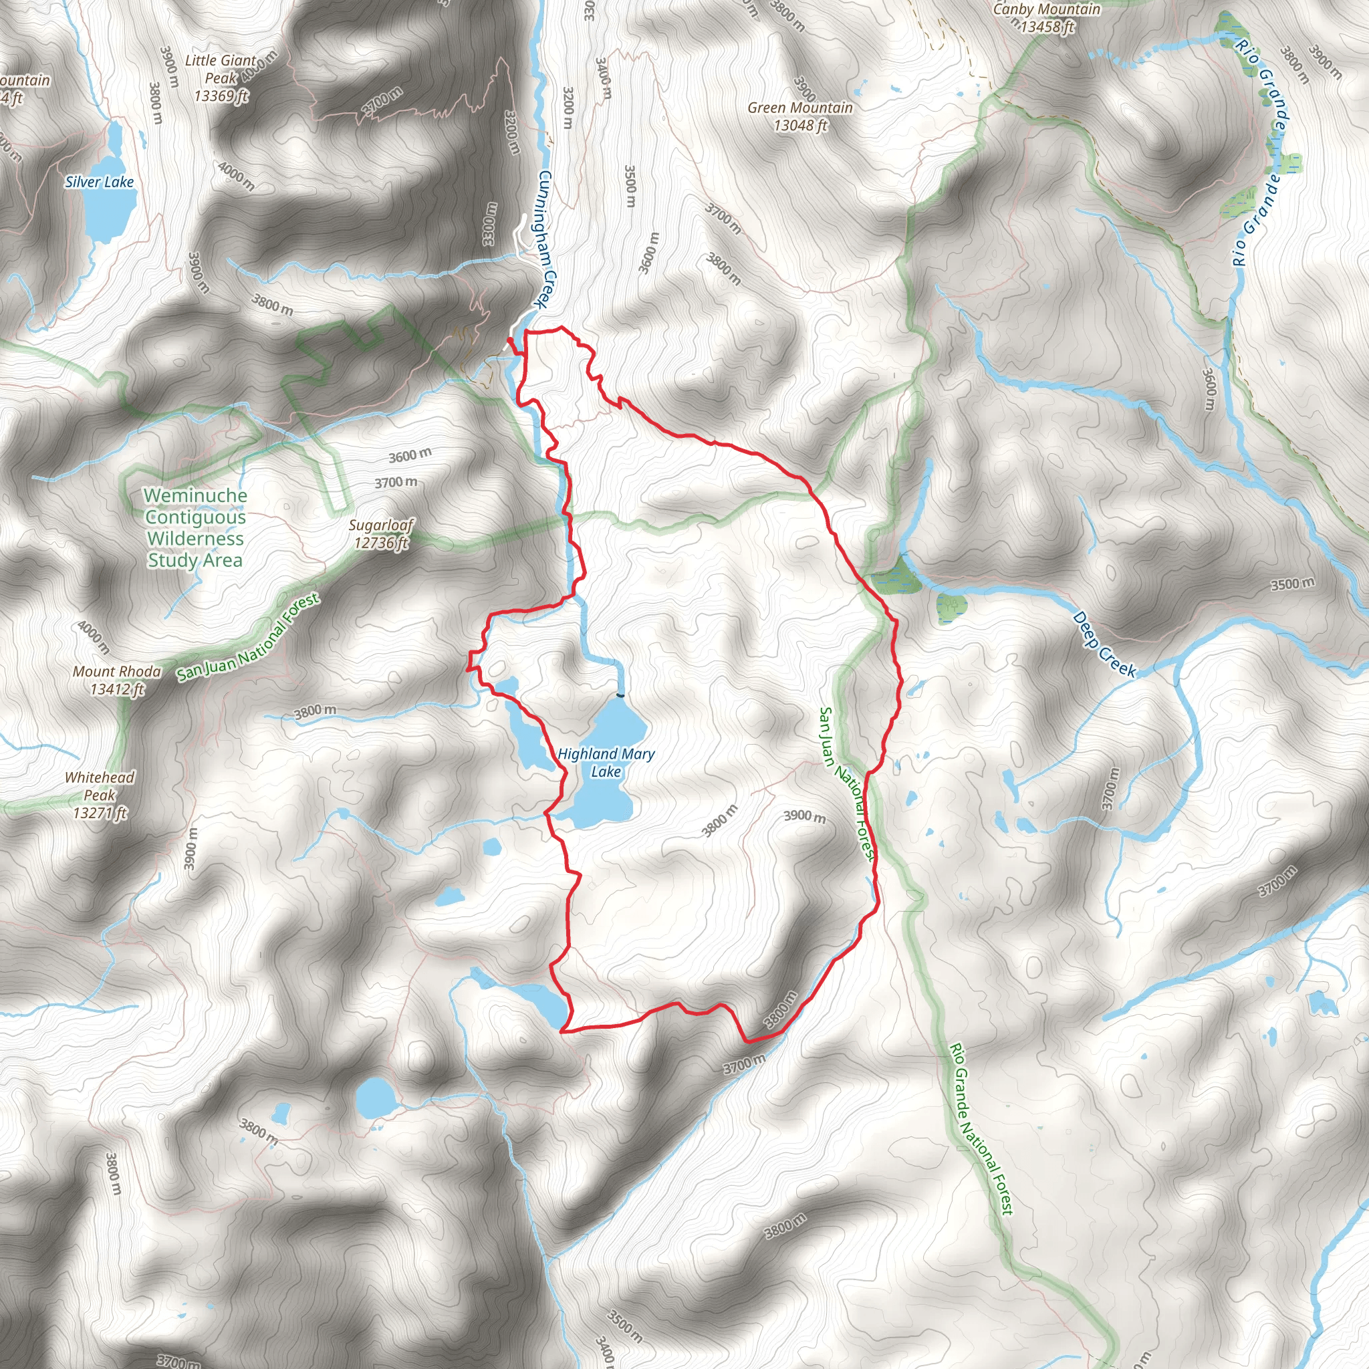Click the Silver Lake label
click(x=99, y=182)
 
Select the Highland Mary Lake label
click(x=606, y=763)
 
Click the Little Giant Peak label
click(x=221, y=78)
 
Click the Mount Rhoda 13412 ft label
click(x=117, y=680)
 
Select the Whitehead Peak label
click(x=99, y=794)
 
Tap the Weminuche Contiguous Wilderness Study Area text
click(x=195, y=528)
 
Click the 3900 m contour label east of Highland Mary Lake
click(x=804, y=817)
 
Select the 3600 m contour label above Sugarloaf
click(x=410, y=455)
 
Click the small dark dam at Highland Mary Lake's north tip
click(x=621, y=696)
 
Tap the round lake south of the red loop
click(x=375, y=1097)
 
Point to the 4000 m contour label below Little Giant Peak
click(x=236, y=175)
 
